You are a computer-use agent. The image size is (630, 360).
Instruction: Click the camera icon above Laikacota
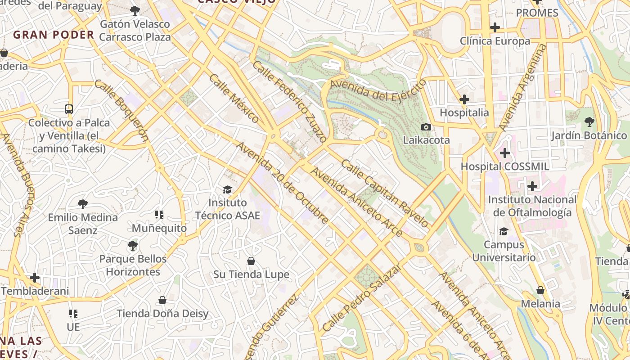point(426,127)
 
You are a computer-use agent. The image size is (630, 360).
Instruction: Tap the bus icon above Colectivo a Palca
point(69,109)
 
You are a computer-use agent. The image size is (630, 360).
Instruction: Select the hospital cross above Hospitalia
point(464,99)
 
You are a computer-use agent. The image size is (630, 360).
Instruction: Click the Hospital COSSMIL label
point(504,166)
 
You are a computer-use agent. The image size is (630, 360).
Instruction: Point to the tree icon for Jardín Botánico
point(589,121)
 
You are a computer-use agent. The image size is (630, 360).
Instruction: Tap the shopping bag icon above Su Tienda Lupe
point(251,261)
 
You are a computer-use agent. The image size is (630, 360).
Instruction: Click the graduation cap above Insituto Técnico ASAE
point(227,189)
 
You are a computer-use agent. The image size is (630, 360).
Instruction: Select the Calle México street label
point(234,99)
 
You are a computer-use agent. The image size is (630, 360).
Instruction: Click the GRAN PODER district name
point(54,35)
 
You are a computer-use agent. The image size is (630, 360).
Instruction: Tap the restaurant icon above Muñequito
point(159,215)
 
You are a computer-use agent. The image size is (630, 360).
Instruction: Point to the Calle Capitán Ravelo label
point(385,193)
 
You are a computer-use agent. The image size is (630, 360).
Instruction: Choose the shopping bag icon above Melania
point(540,290)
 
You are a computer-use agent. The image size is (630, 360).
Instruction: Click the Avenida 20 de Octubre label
point(283,183)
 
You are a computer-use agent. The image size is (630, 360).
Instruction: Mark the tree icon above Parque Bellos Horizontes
point(132,246)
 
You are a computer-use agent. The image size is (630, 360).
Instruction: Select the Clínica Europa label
point(495,41)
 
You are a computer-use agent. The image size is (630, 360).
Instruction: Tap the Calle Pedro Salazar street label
point(361,298)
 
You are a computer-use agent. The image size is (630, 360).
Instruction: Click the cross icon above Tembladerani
point(35,277)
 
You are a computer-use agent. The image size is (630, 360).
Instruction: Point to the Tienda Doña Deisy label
point(162,314)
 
